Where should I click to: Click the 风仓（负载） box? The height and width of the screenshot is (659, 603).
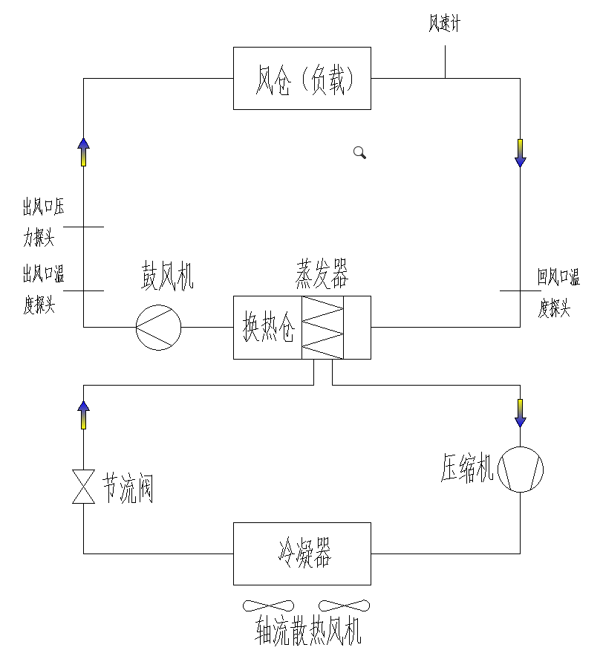click(301, 78)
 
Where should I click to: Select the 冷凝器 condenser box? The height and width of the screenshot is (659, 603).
click(301, 554)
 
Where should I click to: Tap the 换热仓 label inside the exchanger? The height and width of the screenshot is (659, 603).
click(268, 328)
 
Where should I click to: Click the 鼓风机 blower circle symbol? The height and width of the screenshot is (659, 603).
click(159, 327)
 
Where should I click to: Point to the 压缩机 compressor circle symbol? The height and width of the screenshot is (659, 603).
click(520, 470)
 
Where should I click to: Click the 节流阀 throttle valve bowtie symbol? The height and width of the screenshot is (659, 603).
click(83, 487)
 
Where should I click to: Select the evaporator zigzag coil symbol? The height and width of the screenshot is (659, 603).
click(322, 328)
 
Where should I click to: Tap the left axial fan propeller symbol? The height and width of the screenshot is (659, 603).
click(269, 606)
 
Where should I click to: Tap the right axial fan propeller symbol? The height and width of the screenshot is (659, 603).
click(344, 606)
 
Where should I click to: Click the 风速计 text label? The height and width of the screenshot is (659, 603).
click(444, 24)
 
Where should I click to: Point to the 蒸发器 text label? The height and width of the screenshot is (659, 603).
click(322, 275)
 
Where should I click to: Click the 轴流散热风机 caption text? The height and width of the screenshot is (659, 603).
click(308, 633)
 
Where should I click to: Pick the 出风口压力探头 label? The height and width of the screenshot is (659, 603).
click(43, 222)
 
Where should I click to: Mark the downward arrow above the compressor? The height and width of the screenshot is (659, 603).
click(520, 413)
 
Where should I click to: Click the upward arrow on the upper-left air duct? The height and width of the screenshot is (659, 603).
click(83, 152)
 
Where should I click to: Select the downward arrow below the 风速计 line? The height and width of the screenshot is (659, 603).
click(520, 153)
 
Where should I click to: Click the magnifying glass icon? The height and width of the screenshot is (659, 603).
click(359, 153)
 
